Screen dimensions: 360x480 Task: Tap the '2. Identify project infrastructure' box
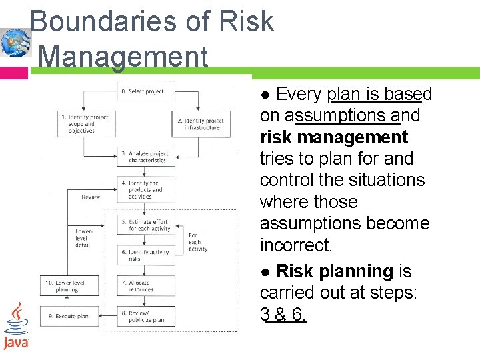[201, 124]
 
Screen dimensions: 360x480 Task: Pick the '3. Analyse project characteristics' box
[147, 157]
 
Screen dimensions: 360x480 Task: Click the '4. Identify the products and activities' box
[147, 190]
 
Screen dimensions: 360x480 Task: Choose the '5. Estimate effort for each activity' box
[147, 225]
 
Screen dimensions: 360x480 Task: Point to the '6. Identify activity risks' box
[147, 255]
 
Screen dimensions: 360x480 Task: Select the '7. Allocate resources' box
[147, 286]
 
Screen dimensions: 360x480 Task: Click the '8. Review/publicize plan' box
[147, 316]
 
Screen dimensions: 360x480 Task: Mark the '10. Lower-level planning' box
[69, 286]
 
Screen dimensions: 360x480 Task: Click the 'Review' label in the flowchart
[91, 197]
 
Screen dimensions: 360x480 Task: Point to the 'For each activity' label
[197, 242]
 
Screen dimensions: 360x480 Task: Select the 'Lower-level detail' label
[83, 238]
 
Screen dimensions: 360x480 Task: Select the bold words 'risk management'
[333, 137]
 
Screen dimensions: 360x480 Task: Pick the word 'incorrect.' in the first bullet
[295, 245]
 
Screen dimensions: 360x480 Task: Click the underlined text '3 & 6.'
[283, 315]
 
